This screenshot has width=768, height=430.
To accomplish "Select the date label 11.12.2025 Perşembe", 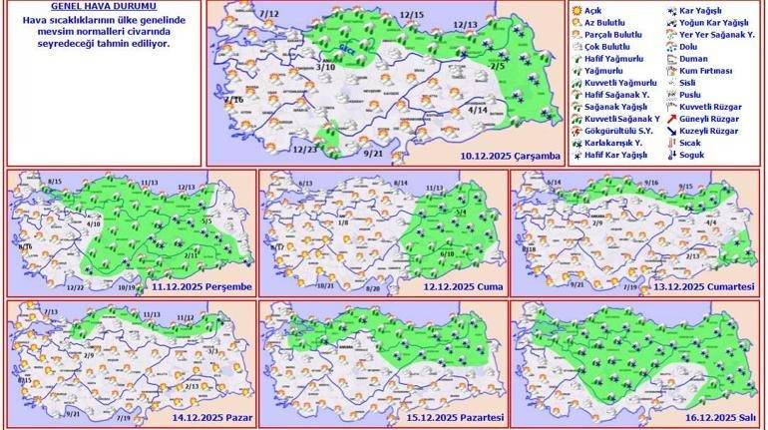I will pyautogui.click(x=201, y=287).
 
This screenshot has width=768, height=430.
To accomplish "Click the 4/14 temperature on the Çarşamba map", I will pyautogui.click(x=477, y=109).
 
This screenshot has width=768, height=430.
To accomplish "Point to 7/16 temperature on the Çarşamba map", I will pyautogui.click(x=234, y=101).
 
